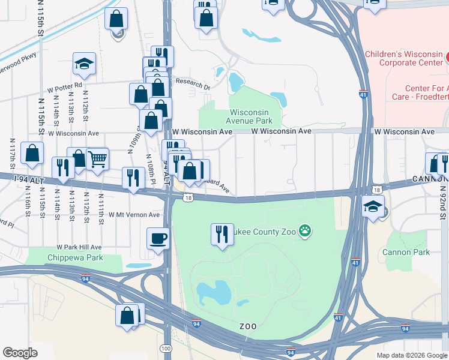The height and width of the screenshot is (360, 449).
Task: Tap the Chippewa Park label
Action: click(75, 258)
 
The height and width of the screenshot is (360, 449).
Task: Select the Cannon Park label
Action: click(406, 252)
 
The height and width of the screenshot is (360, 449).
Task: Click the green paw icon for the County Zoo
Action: click(306, 230)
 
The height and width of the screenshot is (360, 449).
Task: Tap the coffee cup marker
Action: click(158, 238)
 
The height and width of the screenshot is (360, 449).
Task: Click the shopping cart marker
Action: click(97, 159)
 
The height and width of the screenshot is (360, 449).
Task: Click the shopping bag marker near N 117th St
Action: click(32, 153)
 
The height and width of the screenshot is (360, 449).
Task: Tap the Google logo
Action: click(20, 353)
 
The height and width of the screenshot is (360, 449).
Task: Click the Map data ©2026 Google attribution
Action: click(412, 355)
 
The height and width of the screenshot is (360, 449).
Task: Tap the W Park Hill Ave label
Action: click(79, 247)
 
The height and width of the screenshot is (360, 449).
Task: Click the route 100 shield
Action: click(166, 349)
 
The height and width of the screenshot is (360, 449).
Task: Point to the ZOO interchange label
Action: click(248, 326)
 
